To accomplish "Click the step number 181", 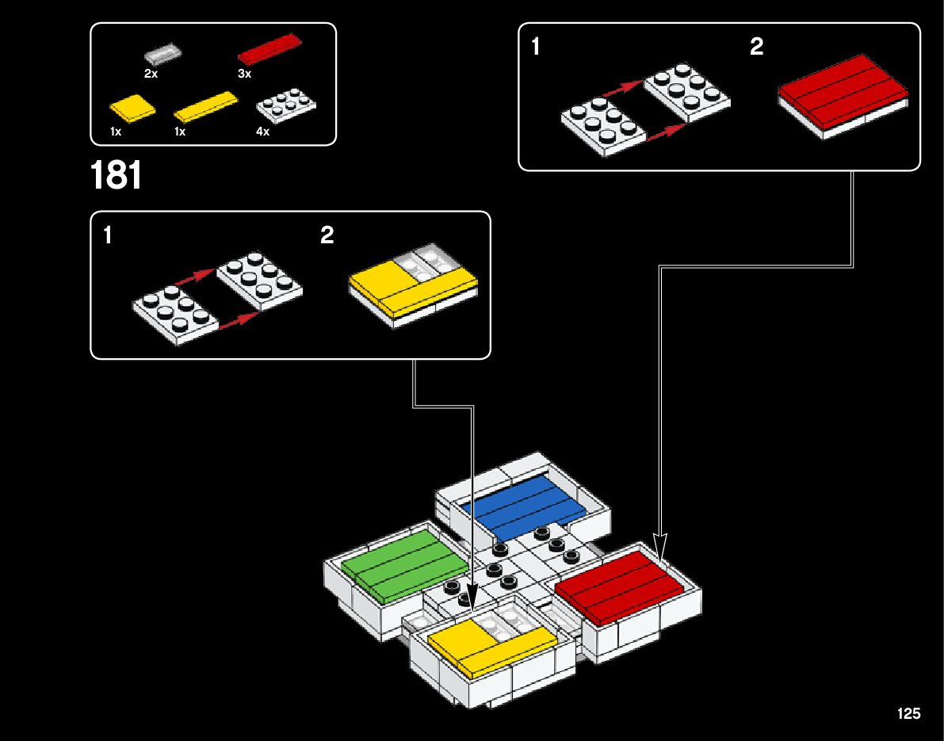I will coord(117,176).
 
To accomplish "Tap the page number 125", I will coord(908,713).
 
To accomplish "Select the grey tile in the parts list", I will coord(164,55).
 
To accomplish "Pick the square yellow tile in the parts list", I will coord(132,108).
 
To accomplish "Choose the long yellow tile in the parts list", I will coord(205,105).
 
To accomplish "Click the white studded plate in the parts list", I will coord(286,105).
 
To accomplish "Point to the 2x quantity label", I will coord(151,74).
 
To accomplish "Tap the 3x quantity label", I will coord(244,74).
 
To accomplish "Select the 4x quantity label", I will coord(263,132).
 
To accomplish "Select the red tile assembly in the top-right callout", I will coord(843,93).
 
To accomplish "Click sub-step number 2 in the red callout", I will coord(756,48).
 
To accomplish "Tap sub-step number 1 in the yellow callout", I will coord(108,235).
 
